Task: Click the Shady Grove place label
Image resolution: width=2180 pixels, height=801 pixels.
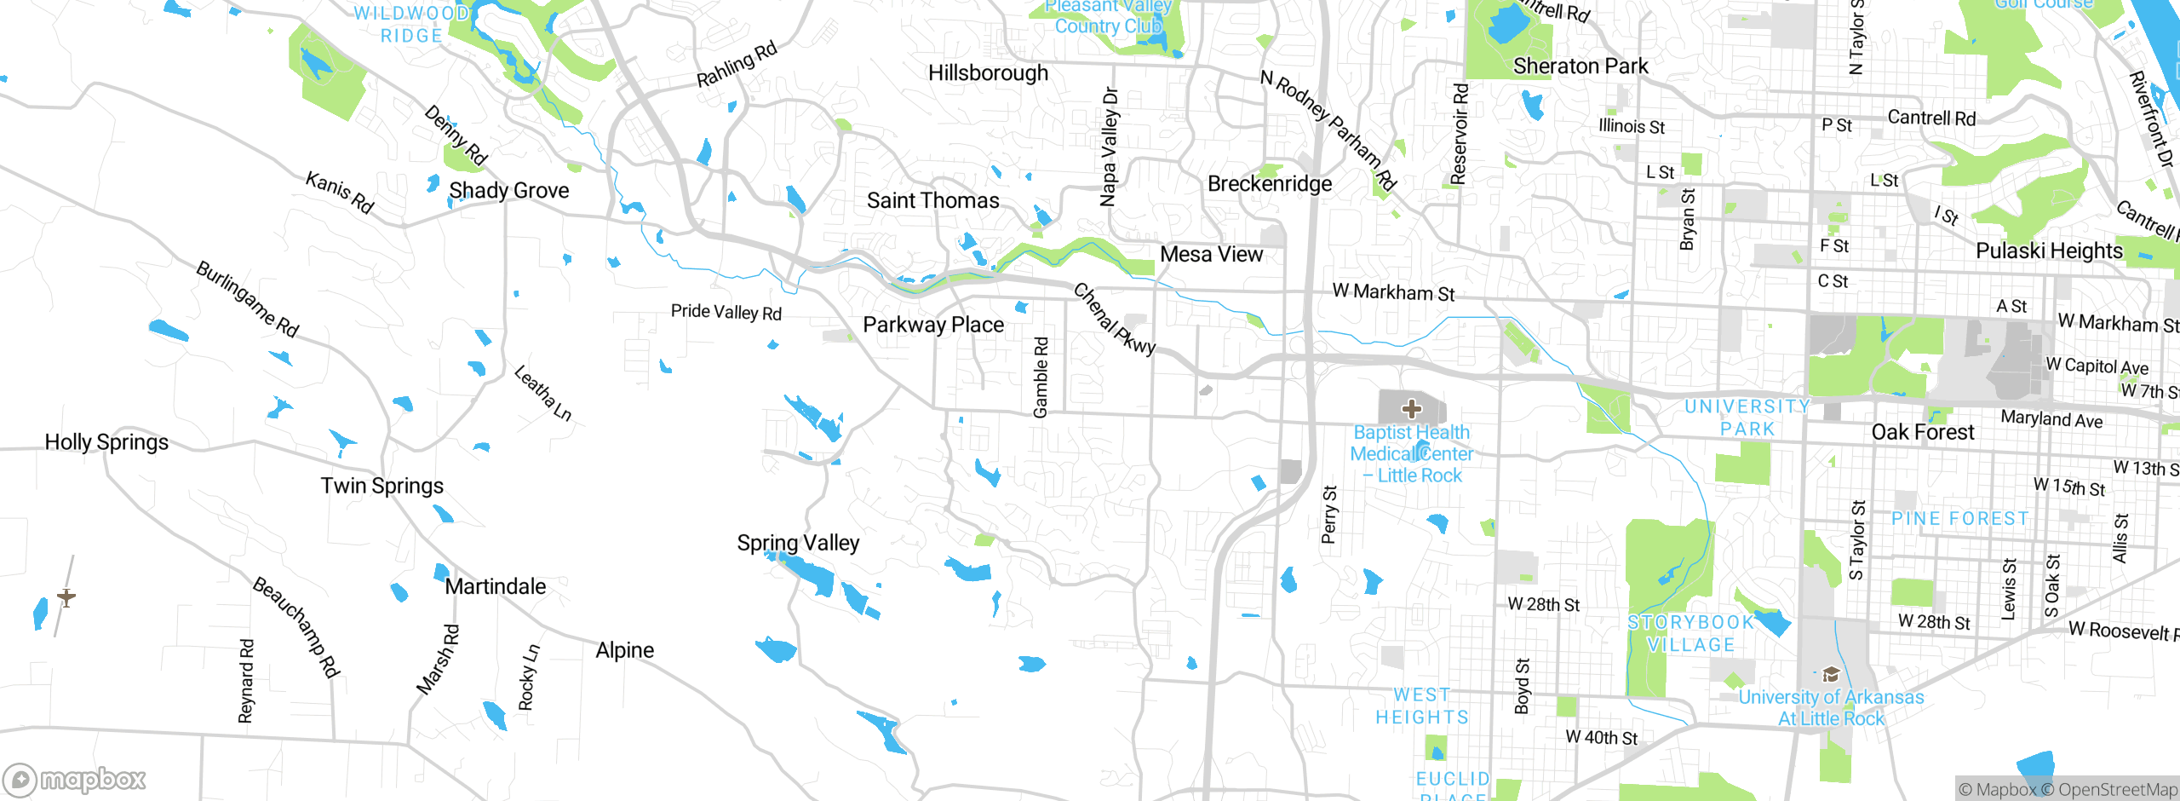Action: [508, 191]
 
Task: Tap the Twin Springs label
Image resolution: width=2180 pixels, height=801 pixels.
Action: [381, 486]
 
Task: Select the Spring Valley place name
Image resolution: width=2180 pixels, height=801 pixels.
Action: [798, 543]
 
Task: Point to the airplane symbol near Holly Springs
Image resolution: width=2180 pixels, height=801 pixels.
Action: [66, 597]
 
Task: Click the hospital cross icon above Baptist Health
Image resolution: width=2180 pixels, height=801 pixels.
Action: [1411, 409]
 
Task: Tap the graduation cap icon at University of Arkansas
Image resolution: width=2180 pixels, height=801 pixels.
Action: [1830, 676]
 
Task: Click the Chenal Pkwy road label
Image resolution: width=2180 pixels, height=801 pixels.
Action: [1114, 319]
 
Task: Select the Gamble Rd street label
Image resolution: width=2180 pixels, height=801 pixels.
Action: [1041, 377]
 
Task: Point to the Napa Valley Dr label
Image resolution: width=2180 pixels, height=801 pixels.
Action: [1109, 147]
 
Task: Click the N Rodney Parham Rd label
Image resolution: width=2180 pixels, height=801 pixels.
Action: [1328, 130]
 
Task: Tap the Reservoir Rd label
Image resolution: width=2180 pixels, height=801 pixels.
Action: [1460, 134]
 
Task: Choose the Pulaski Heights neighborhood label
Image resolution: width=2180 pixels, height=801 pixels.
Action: [2049, 251]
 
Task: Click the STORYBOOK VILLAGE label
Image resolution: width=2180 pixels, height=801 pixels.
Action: [1690, 634]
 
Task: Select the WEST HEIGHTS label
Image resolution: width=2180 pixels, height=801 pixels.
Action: [1422, 706]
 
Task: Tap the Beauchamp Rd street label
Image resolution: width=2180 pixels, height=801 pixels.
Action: [296, 626]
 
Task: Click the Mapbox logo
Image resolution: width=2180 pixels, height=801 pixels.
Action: [75, 779]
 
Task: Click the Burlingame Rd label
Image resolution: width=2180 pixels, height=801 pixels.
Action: [247, 299]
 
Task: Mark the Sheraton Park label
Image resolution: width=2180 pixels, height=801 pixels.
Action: [1580, 66]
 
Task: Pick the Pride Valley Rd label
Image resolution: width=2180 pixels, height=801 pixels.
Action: [726, 312]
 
